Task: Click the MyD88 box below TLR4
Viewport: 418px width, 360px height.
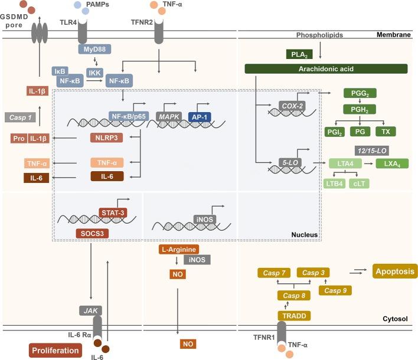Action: click(x=94, y=48)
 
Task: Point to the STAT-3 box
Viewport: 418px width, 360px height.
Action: click(x=112, y=211)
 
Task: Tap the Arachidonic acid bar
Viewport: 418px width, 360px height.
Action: click(x=326, y=69)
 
